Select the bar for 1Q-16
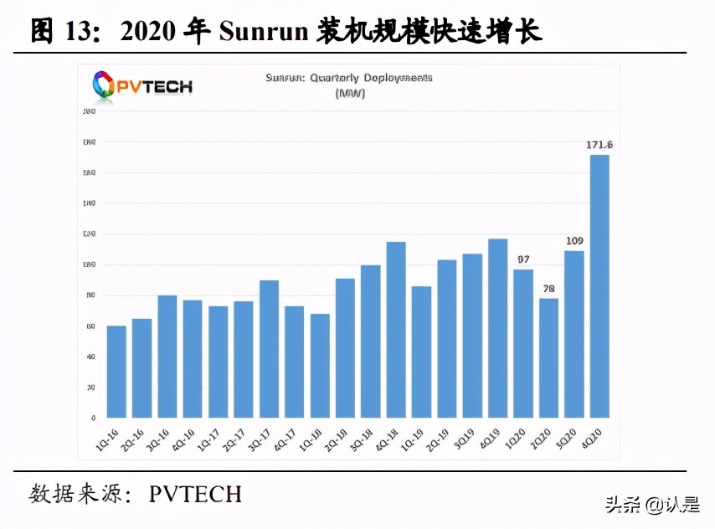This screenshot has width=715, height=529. click(116, 372)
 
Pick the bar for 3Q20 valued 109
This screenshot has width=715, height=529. click(574, 334)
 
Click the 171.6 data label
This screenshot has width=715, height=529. click(599, 146)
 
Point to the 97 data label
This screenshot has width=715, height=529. click(523, 259)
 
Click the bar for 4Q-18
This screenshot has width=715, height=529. click(396, 330)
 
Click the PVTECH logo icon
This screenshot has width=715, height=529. click(105, 85)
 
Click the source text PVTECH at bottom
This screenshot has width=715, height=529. click(195, 494)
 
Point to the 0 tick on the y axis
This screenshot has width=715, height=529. click(93, 418)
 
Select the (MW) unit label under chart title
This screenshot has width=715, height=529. click(349, 93)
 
